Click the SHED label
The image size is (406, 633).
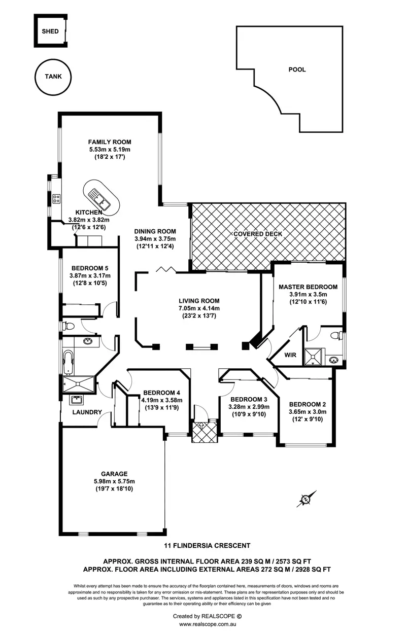(x=50, y=31)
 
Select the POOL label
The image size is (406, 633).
(x=297, y=69)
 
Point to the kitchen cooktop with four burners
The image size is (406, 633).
(x=56, y=198)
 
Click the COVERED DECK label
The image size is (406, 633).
(x=258, y=234)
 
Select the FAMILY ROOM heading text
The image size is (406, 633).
(x=110, y=142)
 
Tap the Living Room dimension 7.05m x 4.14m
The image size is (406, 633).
(x=199, y=308)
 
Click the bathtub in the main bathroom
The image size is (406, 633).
(x=69, y=362)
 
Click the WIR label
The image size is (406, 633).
(x=290, y=355)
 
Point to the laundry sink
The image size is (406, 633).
(x=76, y=400)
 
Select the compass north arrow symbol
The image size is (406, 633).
(x=306, y=499)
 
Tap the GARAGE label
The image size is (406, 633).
(x=114, y=474)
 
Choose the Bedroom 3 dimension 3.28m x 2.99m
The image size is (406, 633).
(x=249, y=407)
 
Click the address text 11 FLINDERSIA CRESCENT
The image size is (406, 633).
(x=207, y=546)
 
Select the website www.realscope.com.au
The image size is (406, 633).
(x=207, y=624)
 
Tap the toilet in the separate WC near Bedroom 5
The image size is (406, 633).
(x=68, y=326)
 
